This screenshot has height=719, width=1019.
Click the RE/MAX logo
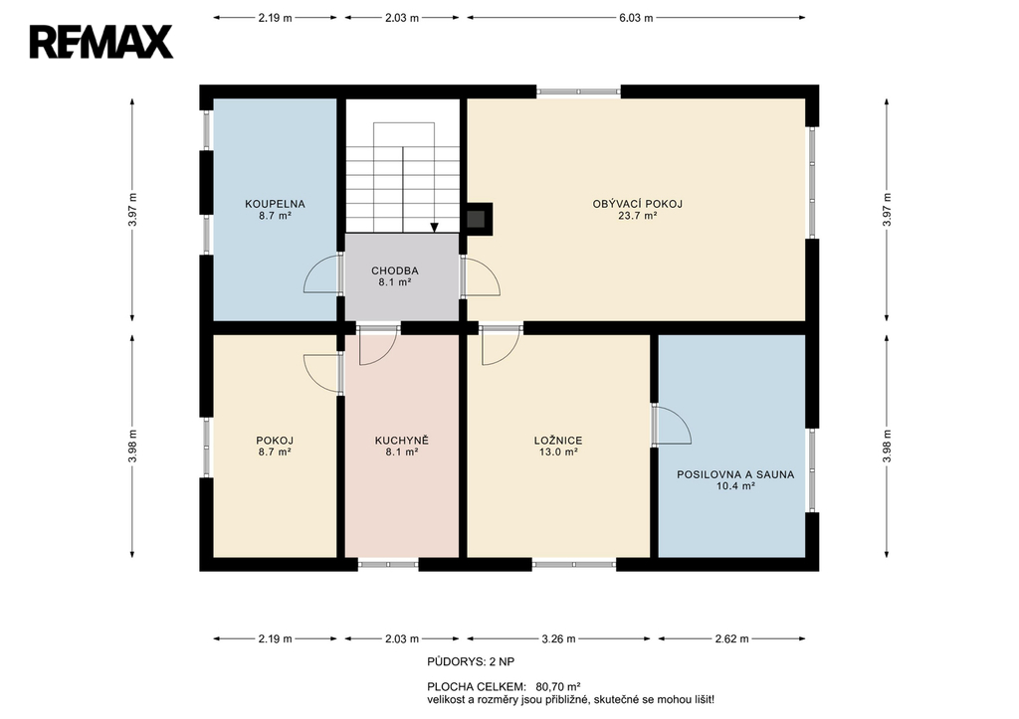102,42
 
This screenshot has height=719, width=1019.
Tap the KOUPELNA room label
275,204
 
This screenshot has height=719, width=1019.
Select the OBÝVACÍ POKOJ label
638,204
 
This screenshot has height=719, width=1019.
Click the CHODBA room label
395,270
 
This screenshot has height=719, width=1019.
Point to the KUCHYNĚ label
402,441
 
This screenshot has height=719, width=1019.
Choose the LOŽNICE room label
558,441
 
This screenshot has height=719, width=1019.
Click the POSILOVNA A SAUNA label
735,474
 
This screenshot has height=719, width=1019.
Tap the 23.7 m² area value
638,216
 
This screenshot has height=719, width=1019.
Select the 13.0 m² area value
558,452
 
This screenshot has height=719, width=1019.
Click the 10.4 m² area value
735,486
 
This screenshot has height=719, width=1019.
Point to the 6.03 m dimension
636,18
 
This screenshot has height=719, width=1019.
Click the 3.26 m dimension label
559,639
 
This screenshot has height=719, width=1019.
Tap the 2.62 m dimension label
731,639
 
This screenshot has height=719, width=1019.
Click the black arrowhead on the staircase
434,228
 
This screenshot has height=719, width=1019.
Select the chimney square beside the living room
479,219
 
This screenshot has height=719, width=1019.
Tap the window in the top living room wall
578,92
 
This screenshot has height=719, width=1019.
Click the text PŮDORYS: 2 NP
471,662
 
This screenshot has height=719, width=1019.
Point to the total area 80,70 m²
558,686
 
